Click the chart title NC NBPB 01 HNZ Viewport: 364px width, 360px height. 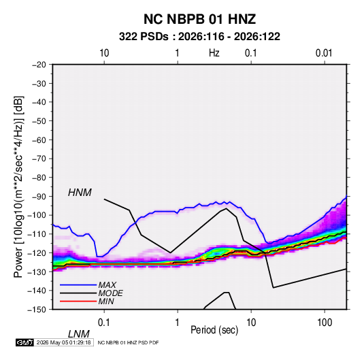click(x=199, y=19)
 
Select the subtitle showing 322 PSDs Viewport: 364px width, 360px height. click(x=199, y=37)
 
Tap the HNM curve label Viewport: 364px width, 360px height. click(x=80, y=193)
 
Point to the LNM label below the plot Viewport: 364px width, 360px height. click(x=79, y=334)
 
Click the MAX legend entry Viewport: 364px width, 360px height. click(x=107, y=284)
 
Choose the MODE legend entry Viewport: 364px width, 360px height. click(x=110, y=293)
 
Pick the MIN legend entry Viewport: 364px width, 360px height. click(x=106, y=301)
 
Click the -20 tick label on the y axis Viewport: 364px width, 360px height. click(x=39, y=65)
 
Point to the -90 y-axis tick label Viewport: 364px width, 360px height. click(x=39, y=196)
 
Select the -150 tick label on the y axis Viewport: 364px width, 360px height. click(x=37, y=310)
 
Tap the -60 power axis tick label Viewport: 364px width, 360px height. click(x=39, y=140)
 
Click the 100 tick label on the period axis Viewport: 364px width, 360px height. click(x=325, y=323)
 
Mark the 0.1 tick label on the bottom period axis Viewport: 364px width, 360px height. click(x=104, y=323)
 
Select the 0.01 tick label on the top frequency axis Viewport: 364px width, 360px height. click(x=324, y=53)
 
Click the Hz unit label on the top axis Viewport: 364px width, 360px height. click(x=214, y=53)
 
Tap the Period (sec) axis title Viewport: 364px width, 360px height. click(x=214, y=330)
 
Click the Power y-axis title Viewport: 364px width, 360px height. click(x=18, y=187)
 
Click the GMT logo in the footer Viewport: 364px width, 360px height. click(x=24, y=342)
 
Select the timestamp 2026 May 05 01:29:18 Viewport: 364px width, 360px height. click(x=63, y=342)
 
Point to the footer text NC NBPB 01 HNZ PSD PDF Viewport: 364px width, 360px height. click(x=128, y=342)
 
